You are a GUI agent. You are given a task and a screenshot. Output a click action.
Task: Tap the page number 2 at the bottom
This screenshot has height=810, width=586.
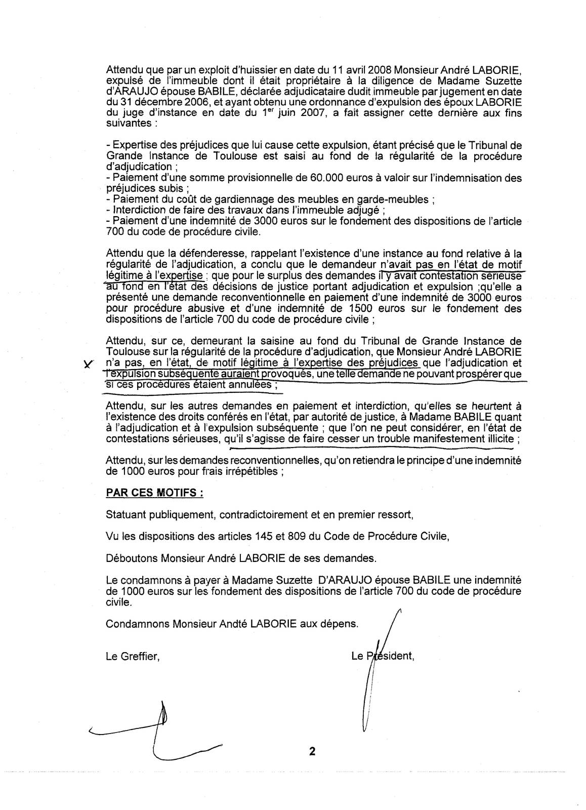(312, 752)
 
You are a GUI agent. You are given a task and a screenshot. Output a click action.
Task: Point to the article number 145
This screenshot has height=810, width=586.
(264, 537)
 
